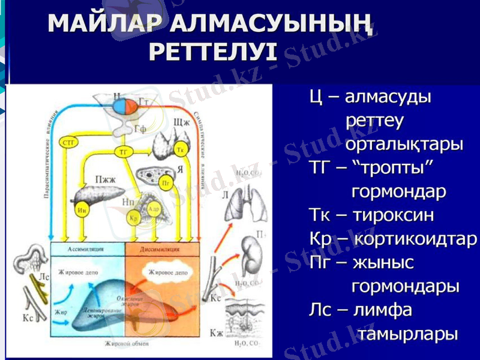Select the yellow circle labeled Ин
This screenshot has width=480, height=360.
pos(83,210)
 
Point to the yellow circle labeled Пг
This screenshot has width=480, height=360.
pos(167,181)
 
